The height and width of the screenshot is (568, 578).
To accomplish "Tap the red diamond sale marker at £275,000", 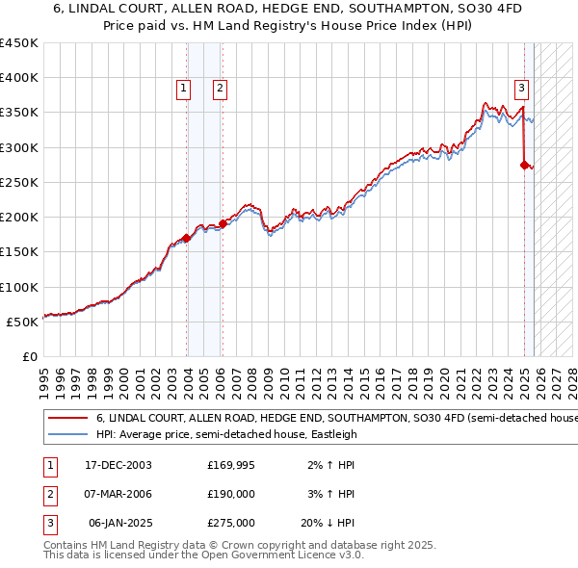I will click(x=524, y=165).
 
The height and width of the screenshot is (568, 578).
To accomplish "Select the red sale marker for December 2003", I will click(x=186, y=238).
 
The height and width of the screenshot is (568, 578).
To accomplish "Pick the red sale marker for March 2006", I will click(x=222, y=223).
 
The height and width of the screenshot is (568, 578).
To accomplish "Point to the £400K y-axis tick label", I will click(x=19, y=78).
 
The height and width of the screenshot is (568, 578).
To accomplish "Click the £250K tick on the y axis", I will click(x=19, y=182).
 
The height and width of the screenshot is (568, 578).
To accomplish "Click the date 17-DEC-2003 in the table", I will click(x=118, y=465).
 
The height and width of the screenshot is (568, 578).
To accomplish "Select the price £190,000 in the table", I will click(x=231, y=494).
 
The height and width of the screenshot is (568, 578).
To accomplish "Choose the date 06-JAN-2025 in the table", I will click(x=118, y=523).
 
